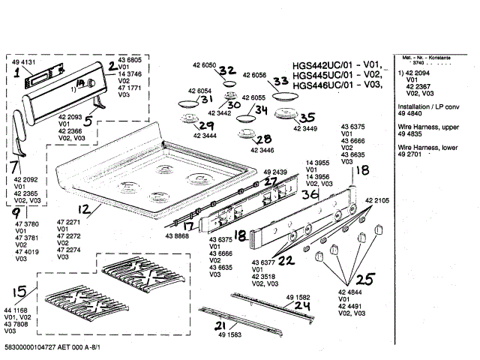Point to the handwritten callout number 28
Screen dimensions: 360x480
(x=262, y=139)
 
